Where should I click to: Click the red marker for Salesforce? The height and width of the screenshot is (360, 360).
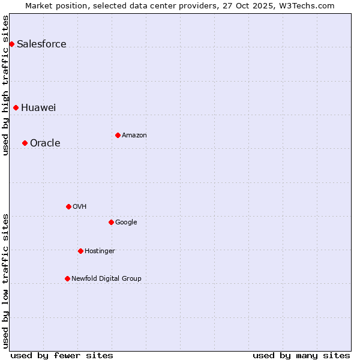(x=11, y=44)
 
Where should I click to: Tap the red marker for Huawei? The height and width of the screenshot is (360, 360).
(x=16, y=107)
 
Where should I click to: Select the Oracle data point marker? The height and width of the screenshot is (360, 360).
(x=25, y=143)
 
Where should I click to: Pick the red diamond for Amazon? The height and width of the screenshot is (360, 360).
(x=118, y=135)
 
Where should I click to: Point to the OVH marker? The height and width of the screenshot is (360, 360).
(x=68, y=206)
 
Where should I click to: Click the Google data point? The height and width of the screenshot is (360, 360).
(x=111, y=222)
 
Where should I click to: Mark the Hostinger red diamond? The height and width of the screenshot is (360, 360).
(x=80, y=251)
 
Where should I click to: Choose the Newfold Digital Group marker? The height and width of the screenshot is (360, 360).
(x=67, y=278)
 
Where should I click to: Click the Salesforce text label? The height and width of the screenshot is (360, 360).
(x=41, y=44)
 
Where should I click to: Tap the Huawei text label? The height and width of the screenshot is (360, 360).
(x=38, y=107)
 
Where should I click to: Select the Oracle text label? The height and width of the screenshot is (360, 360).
(x=45, y=143)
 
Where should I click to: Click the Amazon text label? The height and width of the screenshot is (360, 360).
(x=134, y=135)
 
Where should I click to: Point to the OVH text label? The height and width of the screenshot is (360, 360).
(x=80, y=206)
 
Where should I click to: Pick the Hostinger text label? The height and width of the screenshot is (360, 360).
(x=100, y=251)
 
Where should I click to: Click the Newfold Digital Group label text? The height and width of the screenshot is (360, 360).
(x=106, y=278)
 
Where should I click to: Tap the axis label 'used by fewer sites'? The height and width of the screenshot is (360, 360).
(x=62, y=355)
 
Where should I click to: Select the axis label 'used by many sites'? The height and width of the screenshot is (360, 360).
(x=301, y=355)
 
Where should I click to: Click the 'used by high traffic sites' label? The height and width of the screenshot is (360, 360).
(x=5, y=85)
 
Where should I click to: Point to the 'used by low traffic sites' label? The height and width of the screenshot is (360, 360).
(x=5, y=280)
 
